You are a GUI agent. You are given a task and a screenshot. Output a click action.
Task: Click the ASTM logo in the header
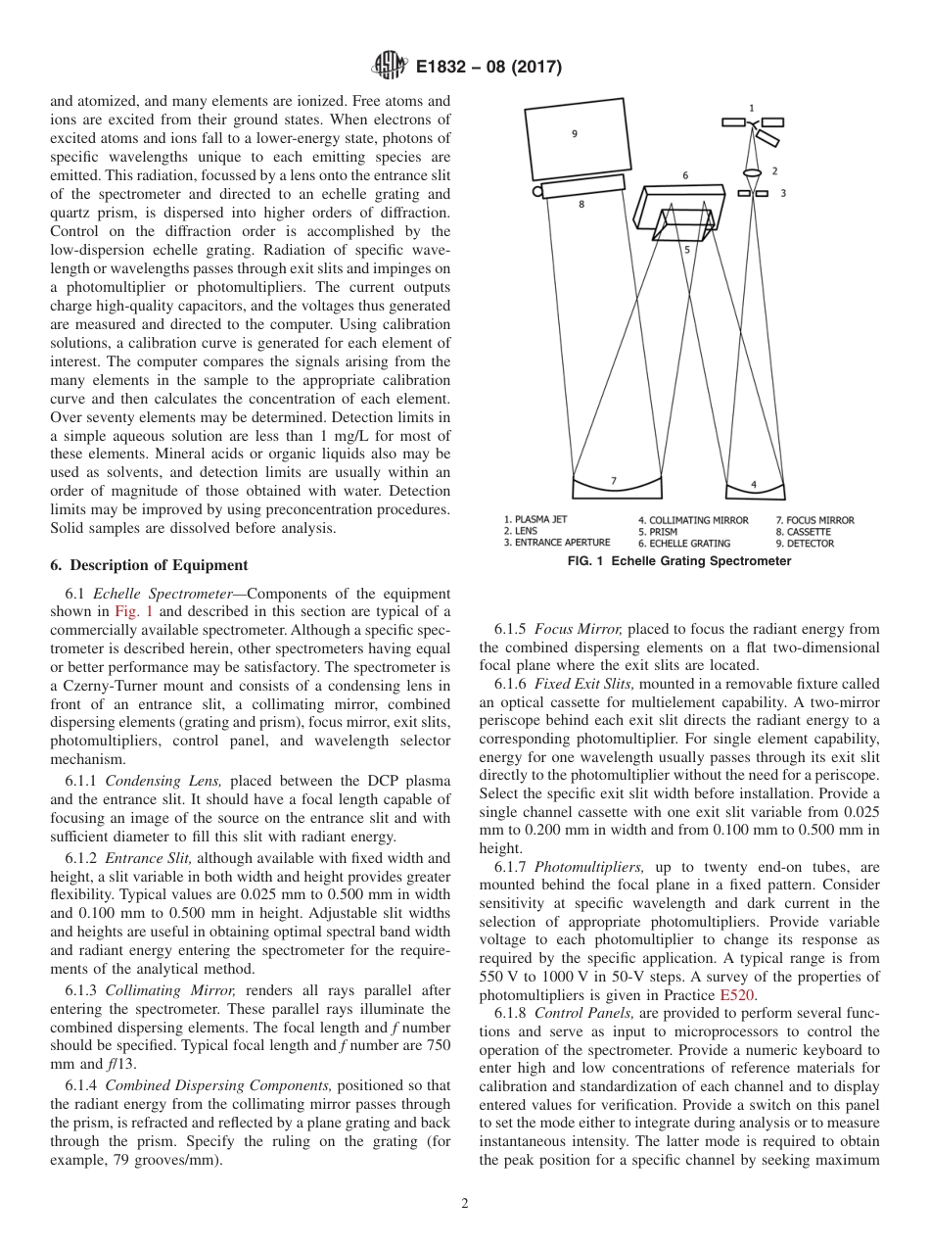click(x=390, y=68)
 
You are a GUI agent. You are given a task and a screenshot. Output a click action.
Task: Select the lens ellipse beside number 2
click(x=752, y=173)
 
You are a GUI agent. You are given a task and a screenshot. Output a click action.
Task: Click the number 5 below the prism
click(x=686, y=250)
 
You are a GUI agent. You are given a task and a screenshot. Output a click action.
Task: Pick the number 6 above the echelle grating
click(x=685, y=175)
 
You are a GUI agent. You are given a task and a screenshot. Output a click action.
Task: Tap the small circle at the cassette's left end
click(x=537, y=192)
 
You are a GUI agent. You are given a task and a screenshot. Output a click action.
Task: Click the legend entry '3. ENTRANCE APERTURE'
click(x=556, y=543)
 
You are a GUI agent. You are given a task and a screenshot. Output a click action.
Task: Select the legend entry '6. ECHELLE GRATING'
click(x=683, y=543)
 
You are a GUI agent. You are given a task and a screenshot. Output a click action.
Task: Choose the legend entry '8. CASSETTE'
click(x=803, y=532)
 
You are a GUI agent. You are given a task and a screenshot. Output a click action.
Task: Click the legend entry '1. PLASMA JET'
click(x=535, y=520)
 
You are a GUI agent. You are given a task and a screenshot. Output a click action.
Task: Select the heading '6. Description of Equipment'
click(x=149, y=565)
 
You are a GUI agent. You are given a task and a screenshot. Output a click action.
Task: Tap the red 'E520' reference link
click(x=737, y=994)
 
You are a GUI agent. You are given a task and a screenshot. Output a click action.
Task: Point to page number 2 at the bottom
click(x=465, y=1204)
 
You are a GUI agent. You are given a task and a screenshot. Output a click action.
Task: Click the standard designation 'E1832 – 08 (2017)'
click(x=488, y=68)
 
